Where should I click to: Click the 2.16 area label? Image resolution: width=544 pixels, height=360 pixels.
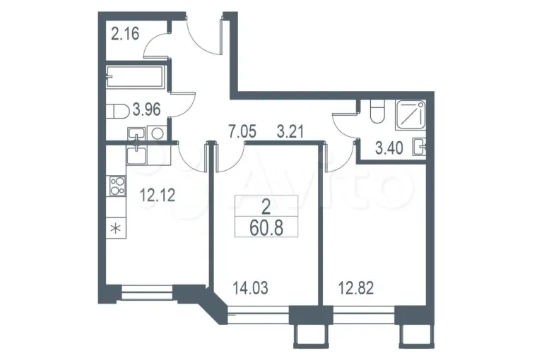(x=125, y=34)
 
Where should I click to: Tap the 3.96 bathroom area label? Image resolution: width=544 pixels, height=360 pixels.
(x=147, y=110)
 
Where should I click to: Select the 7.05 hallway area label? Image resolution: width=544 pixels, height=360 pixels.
(x=242, y=132)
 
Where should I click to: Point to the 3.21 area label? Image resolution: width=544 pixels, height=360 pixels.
(x=290, y=132)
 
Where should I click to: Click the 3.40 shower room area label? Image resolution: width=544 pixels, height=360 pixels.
(x=389, y=148)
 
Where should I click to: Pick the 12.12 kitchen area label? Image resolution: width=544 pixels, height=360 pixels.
(x=157, y=195)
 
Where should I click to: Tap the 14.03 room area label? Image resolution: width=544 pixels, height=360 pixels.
(x=251, y=288)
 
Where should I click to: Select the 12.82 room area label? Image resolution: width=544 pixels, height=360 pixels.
(x=356, y=288)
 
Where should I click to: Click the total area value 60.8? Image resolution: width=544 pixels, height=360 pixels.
(x=266, y=228)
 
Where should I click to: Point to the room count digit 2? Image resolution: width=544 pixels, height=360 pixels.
(x=266, y=208)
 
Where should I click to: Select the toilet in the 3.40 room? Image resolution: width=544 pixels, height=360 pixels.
(x=377, y=111)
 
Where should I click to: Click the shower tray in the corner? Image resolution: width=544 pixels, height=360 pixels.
(x=411, y=114)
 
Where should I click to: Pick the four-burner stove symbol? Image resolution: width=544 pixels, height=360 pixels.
(x=117, y=186)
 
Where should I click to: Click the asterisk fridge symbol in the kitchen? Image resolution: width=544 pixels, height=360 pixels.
(x=117, y=229)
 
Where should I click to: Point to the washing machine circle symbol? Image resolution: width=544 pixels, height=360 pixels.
(x=158, y=133)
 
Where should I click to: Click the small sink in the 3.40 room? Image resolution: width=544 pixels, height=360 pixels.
(x=420, y=147)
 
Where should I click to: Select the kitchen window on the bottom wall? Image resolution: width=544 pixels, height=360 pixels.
(x=147, y=292)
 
